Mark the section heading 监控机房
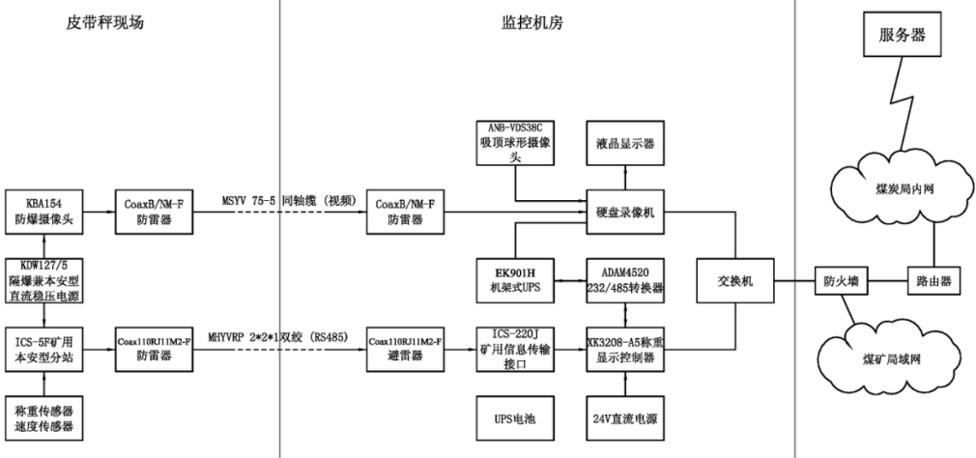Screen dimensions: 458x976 tap(536, 21)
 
